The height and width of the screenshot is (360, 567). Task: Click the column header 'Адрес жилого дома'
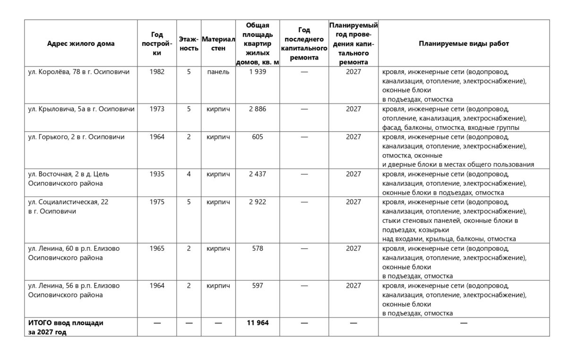[x=81, y=43]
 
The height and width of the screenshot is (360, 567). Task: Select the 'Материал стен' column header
[x=218, y=43]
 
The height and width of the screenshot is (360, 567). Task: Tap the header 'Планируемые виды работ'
[x=464, y=43]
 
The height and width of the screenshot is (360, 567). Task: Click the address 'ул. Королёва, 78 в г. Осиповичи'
[x=79, y=72]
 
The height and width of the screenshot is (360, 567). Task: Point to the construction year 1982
[x=157, y=72]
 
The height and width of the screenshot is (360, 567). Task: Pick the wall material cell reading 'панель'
[x=218, y=72]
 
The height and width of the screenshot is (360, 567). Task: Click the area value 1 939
[x=258, y=72]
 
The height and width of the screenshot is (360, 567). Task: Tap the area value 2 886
[x=258, y=109]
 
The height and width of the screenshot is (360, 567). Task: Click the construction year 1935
[x=157, y=174]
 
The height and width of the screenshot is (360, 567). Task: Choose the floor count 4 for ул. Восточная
[x=189, y=174]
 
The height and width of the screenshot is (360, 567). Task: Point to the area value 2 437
[x=258, y=174]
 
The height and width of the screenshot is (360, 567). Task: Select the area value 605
[x=258, y=137]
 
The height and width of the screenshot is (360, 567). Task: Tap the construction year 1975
[x=157, y=202]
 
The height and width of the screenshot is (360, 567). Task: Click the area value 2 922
[x=258, y=202]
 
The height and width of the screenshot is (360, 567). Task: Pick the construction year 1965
[x=157, y=249]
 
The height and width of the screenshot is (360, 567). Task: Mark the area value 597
[x=258, y=285]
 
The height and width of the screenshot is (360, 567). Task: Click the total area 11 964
[x=258, y=323]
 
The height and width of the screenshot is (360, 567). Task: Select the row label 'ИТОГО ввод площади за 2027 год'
[x=66, y=327]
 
